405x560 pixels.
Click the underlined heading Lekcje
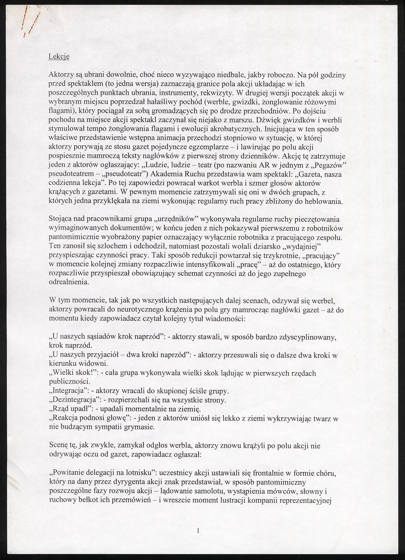[59, 57]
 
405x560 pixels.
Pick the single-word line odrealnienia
[69, 283]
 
